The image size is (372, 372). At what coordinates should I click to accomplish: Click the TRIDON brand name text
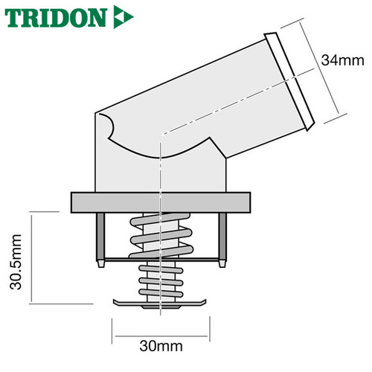56,18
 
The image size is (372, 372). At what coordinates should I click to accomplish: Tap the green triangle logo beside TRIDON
124,17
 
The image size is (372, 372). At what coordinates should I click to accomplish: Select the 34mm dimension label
342,60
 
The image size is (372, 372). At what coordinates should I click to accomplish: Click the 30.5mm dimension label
16,262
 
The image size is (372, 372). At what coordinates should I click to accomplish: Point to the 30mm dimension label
161,346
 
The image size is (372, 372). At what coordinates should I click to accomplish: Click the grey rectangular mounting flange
161,202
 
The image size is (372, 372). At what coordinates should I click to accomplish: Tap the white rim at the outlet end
289,82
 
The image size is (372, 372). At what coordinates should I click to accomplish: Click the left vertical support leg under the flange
100,237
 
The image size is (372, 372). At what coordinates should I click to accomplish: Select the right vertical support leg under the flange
222,237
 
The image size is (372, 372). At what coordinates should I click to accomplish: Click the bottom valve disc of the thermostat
160,304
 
